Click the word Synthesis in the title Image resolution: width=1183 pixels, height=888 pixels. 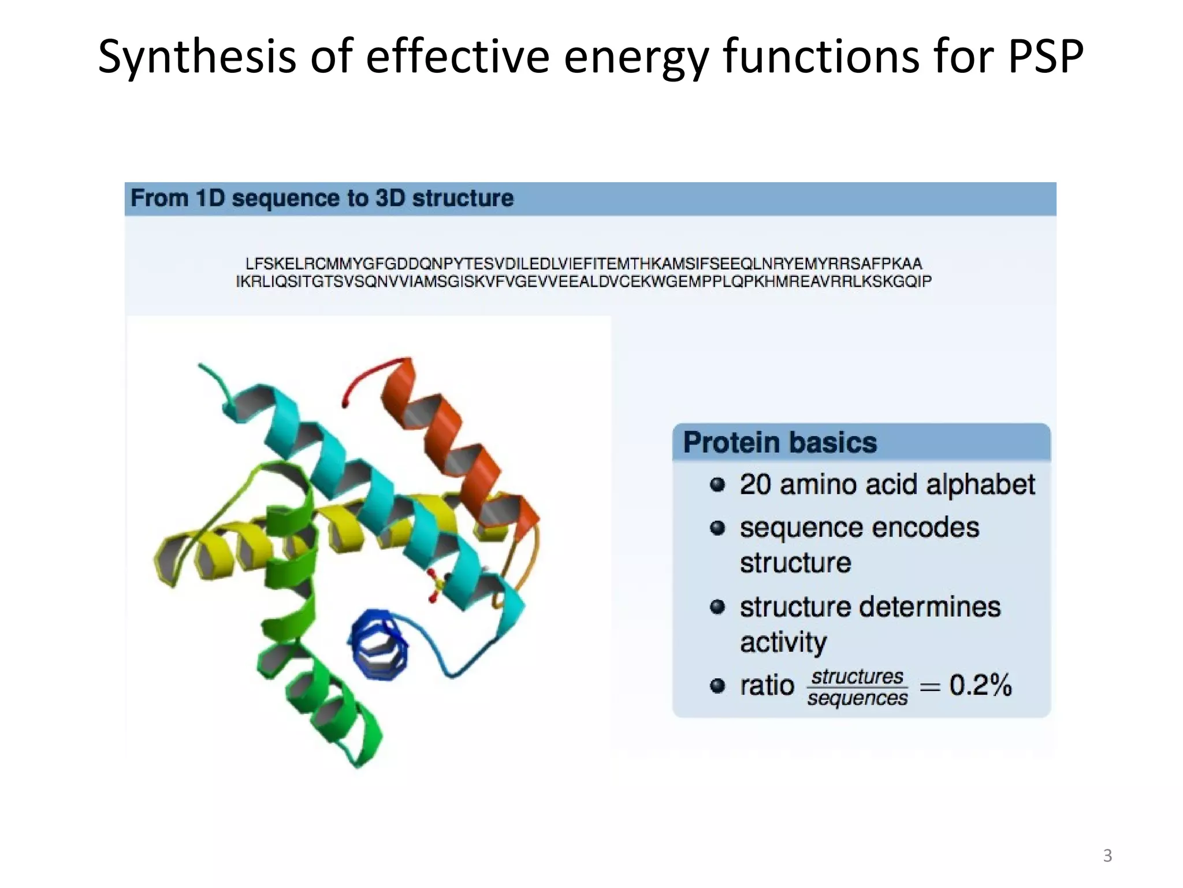(196, 57)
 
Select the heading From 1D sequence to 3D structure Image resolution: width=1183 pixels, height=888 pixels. (322, 198)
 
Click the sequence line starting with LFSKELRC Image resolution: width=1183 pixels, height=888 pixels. (583, 264)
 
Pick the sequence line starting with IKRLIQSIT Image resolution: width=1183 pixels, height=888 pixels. (583, 282)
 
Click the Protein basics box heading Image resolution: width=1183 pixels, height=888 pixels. (780, 442)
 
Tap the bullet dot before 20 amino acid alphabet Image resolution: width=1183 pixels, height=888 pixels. (717, 484)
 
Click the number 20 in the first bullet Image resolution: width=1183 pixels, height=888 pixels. (755, 484)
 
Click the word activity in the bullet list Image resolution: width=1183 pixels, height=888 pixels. (783, 642)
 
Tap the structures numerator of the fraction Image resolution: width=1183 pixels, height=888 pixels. (857, 676)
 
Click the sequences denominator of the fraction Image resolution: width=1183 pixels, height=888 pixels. (857, 698)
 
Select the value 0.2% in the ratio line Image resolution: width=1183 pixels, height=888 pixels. (980, 685)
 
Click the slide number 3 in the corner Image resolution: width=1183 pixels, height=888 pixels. (1107, 856)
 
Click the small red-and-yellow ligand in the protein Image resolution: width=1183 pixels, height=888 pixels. (434, 585)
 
